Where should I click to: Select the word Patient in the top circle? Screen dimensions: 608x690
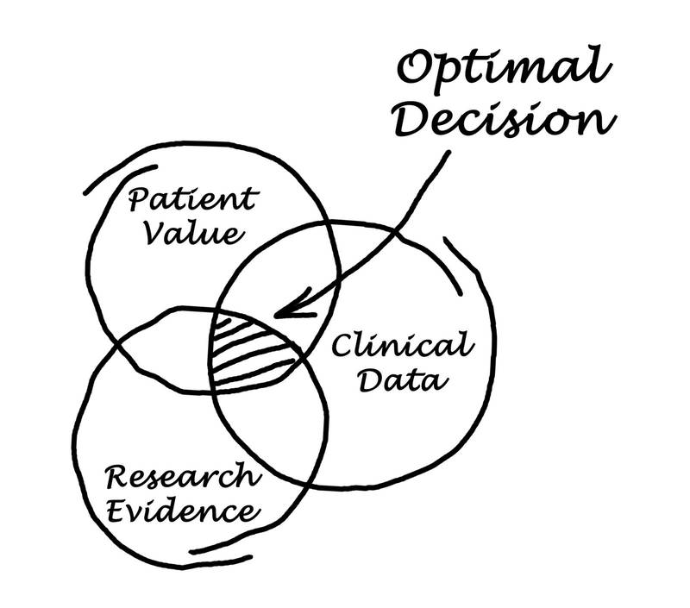point(191,201)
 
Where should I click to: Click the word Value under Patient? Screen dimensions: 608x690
point(192,235)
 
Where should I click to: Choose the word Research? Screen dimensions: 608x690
point(181,476)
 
